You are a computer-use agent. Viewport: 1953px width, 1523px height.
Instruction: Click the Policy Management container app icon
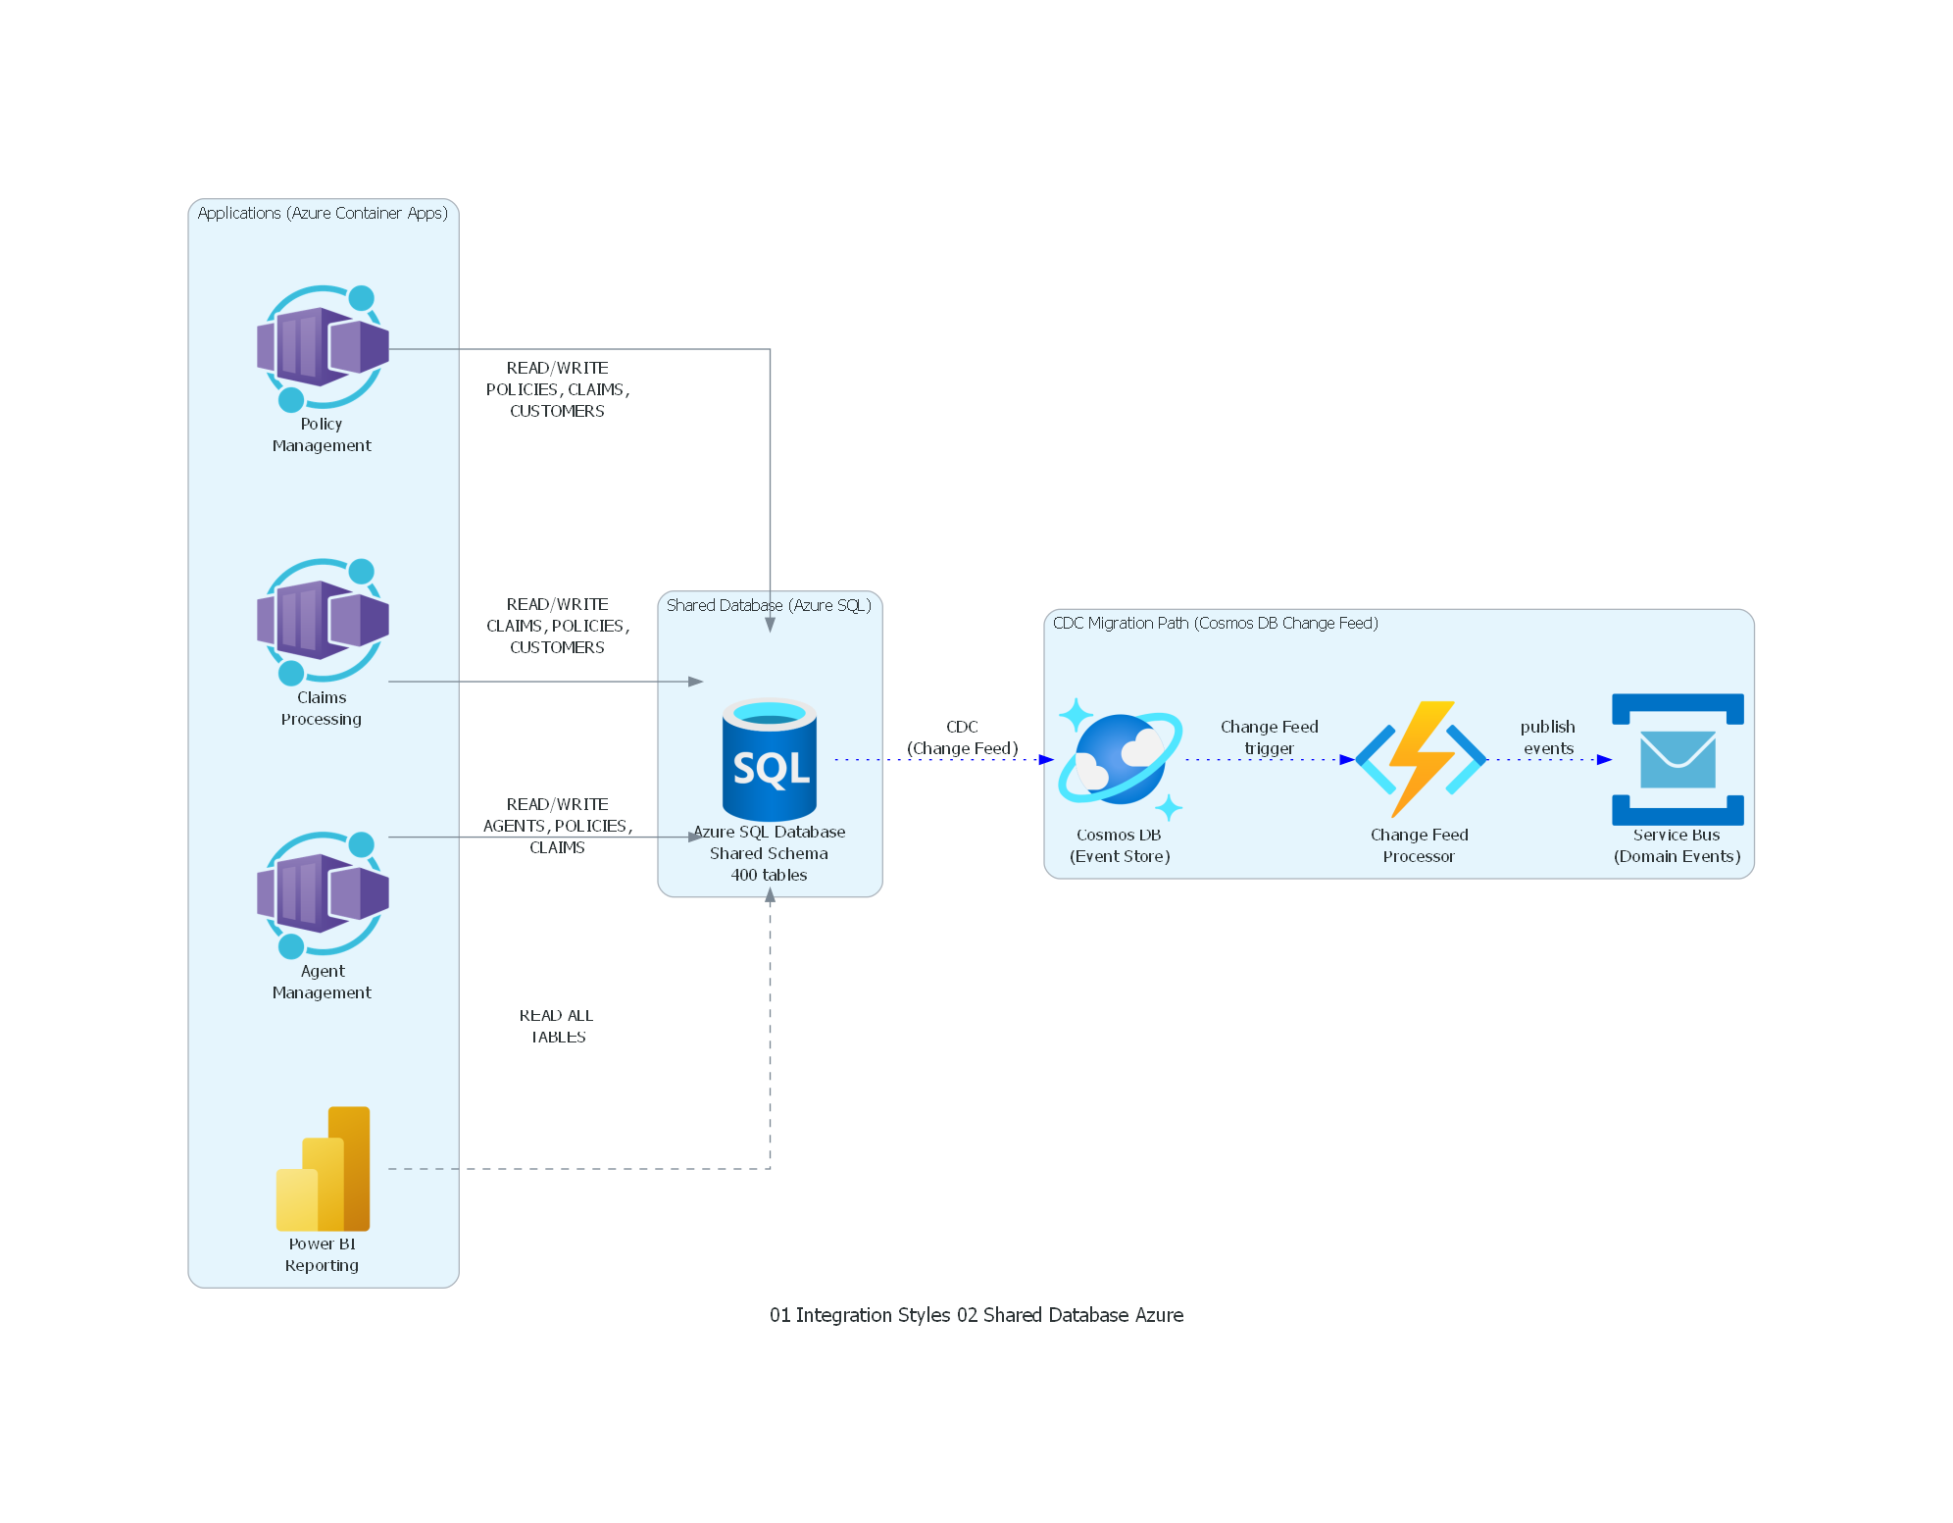[323, 347]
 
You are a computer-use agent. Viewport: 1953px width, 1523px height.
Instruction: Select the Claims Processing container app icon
[323, 621]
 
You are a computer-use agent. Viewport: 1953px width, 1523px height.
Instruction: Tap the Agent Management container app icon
[323, 894]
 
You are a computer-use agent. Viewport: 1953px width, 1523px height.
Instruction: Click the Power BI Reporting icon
[324, 1168]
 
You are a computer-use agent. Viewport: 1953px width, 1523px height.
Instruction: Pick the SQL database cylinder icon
[770, 759]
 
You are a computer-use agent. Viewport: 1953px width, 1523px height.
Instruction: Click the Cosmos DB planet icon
[1120, 759]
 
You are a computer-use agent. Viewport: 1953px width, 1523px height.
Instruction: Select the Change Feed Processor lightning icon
[1420, 759]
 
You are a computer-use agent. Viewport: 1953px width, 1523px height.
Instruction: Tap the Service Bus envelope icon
[1678, 759]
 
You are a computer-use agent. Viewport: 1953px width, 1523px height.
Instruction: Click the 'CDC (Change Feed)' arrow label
[962, 737]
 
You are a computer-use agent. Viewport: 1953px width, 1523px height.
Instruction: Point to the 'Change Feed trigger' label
[1269, 737]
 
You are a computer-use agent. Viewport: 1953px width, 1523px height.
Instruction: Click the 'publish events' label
[1548, 737]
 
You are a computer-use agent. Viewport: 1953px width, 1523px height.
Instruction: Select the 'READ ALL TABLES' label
[557, 1026]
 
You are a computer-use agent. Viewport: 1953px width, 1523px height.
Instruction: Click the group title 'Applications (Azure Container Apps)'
[323, 213]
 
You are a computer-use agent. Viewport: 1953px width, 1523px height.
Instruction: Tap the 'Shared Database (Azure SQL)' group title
[769, 605]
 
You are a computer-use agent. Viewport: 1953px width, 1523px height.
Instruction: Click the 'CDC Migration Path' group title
[1215, 623]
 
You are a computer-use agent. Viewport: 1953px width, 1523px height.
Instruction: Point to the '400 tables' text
[769, 875]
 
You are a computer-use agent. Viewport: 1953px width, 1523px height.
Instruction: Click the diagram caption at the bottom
[976, 1315]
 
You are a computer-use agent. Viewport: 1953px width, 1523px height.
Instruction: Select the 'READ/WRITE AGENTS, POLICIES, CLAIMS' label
[557, 826]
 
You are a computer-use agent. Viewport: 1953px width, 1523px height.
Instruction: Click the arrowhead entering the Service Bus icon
[1605, 759]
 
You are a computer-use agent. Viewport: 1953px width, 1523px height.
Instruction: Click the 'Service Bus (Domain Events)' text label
[1677, 845]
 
